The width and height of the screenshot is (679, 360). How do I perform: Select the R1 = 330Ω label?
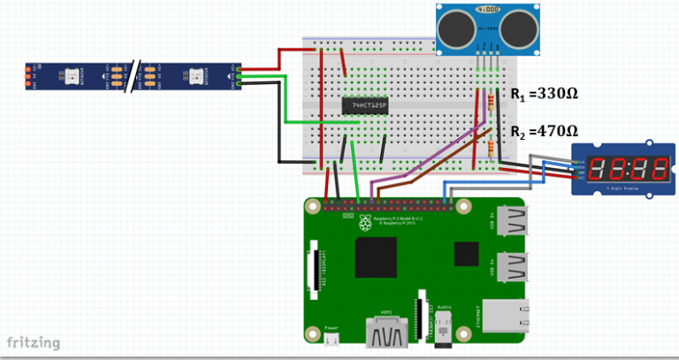(543, 94)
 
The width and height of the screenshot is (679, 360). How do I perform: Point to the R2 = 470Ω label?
(543, 131)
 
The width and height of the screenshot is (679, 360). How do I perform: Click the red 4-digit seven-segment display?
(626, 165)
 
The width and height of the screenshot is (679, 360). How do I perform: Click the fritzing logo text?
(34, 341)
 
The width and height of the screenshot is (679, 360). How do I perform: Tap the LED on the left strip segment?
(68, 77)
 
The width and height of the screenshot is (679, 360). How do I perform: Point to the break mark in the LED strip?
(132, 77)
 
